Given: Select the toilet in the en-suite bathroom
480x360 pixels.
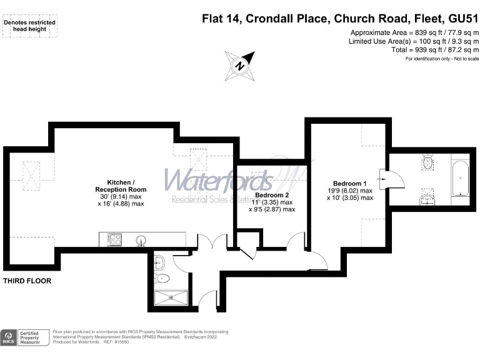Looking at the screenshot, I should click(x=428, y=163).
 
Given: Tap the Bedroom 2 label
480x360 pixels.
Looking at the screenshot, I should click(x=272, y=194).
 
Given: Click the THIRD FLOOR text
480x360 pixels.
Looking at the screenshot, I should click(x=27, y=281).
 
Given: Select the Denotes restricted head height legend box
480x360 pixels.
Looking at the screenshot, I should click(x=29, y=26).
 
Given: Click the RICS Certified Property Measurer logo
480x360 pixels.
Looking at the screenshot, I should click(x=24, y=337).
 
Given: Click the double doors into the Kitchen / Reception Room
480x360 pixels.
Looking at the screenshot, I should click(x=211, y=244).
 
